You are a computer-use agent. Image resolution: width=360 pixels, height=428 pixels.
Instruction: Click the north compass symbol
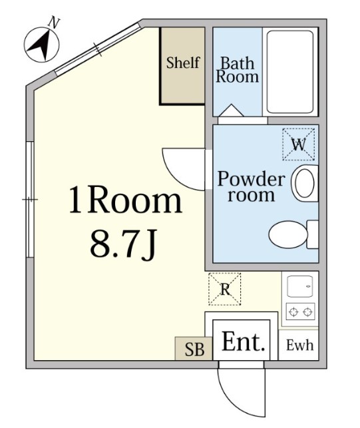pos(41,45)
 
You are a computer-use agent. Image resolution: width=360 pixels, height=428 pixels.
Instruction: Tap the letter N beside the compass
pos(54,23)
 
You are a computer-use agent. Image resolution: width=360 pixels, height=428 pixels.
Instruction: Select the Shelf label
pos(183,63)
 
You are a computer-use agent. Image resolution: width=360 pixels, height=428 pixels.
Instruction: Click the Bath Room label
pos(237,70)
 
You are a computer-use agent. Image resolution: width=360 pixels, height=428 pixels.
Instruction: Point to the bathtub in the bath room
pos(290,72)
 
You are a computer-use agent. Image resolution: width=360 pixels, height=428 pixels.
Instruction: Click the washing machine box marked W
pos(299,144)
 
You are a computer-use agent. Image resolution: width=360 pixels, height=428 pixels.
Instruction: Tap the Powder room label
pos(251,186)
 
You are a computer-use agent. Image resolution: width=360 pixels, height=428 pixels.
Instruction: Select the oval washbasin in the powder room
pos(304,183)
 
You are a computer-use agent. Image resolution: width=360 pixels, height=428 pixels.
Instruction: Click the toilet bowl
pos(288,234)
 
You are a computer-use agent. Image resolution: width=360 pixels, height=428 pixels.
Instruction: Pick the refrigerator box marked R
pos(225,289)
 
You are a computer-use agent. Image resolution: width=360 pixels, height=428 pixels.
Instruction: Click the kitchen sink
pos(300,286)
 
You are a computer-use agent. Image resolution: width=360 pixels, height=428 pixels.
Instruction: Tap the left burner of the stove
pos(293,312)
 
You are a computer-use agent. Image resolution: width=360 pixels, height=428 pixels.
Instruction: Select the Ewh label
pos(299,345)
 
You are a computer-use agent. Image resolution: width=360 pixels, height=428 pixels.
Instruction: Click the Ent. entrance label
pos(244,341)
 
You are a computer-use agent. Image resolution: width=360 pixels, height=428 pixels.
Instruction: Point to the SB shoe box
pos(194,349)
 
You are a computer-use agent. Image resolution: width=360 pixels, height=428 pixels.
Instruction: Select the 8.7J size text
pos(123,244)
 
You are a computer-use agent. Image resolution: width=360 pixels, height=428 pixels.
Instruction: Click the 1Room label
pos(125,200)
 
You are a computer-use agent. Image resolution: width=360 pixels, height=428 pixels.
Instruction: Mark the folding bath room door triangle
pos(232,110)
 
